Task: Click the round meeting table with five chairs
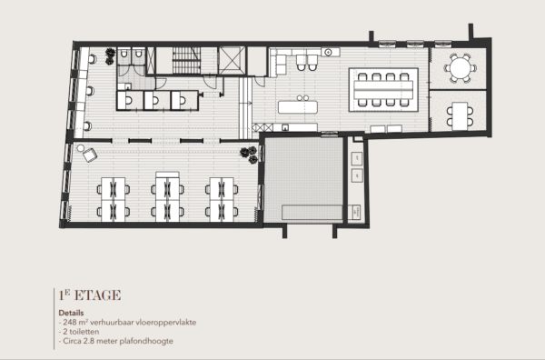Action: [x=460, y=67]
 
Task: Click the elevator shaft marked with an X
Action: [x=228, y=62]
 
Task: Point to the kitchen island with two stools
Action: [x=299, y=106]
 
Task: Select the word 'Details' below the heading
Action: [x=69, y=311]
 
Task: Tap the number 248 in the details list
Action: [x=71, y=322]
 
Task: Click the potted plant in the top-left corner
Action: [x=110, y=56]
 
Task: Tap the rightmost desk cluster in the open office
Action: [x=221, y=198]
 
